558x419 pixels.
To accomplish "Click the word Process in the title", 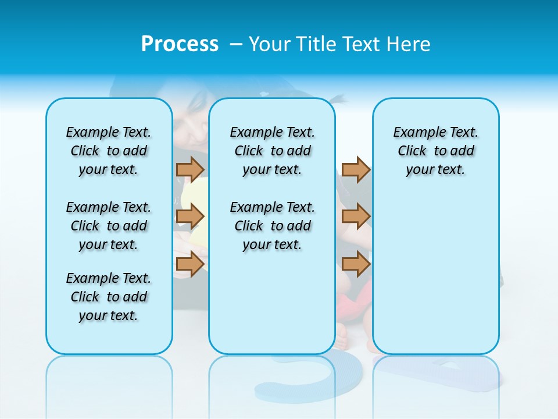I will (180, 44).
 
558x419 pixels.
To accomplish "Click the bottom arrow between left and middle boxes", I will (190, 265).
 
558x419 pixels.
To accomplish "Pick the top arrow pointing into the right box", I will (356, 170).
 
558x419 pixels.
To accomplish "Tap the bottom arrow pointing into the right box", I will (356, 265).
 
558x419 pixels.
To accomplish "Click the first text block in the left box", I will (109, 151).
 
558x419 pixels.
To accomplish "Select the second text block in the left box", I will (109, 226).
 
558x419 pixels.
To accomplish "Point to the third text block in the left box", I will (109, 297).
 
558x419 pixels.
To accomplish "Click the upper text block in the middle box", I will (272, 151).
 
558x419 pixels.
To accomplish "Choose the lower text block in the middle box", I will (272, 226).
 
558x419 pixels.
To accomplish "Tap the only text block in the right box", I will (435, 151).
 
